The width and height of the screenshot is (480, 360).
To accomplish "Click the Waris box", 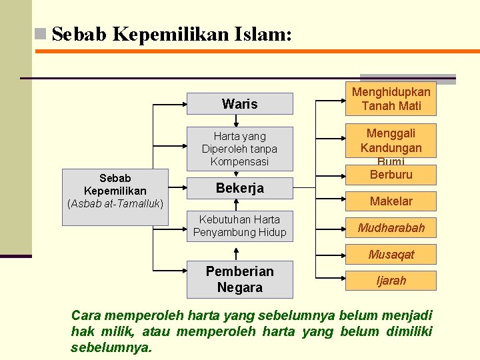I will [x=239, y=103].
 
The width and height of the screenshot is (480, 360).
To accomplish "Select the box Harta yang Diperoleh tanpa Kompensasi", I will [x=239, y=148].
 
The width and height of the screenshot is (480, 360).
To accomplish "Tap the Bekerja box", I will [x=239, y=188].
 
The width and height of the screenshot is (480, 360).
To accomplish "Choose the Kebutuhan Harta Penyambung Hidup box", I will [x=239, y=226].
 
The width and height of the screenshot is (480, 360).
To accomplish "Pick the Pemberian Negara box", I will [x=239, y=280].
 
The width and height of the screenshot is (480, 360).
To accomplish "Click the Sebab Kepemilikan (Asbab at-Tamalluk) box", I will [x=115, y=190].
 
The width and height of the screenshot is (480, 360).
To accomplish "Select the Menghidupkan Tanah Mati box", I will [x=391, y=99].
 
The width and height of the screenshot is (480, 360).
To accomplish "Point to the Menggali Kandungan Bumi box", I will [x=391, y=141].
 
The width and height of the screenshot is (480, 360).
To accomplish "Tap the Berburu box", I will [x=391, y=175].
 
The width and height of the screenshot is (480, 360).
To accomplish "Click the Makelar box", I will [x=391, y=201].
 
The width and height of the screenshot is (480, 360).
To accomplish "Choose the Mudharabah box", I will [x=391, y=228].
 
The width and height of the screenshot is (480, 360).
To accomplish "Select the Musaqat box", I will [x=391, y=254].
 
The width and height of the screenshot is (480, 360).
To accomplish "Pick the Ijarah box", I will [x=391, y=281].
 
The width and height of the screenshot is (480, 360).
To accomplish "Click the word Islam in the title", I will [x=263, y=33].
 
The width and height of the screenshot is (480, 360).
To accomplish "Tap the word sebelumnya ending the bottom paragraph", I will [x=111, y=347].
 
